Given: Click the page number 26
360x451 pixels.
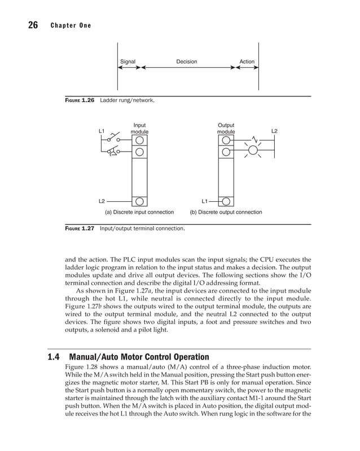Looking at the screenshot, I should [x=32, y=25].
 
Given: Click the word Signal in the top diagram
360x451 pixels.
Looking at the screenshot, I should [x=128, y=61].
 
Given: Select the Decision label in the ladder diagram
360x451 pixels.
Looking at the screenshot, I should [x=186, y=61].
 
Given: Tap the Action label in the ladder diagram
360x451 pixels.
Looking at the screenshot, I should [x=247, y=61].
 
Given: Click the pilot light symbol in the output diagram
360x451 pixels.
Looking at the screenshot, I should [x=253, y=151].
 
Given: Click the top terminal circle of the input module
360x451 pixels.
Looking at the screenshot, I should [x=139, y=139].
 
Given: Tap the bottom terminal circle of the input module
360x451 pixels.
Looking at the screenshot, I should [x=139, y=201].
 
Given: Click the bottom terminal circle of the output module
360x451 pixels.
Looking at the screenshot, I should [x=226, y=201].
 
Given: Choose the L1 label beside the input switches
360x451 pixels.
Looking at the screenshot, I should [x=102, y=131].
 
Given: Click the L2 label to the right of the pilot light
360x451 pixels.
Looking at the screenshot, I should [x=274, y=131].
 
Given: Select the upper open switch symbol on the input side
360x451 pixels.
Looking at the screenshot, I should [x=116, y=138].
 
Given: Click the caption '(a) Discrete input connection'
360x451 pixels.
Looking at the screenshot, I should [x=139, y=213].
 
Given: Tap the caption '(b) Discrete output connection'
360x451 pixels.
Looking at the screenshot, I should [x=226, y=213].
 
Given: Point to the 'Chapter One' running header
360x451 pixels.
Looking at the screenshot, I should [x=70, y=26].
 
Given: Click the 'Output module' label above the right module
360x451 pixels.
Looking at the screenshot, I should [x=226, y=129].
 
